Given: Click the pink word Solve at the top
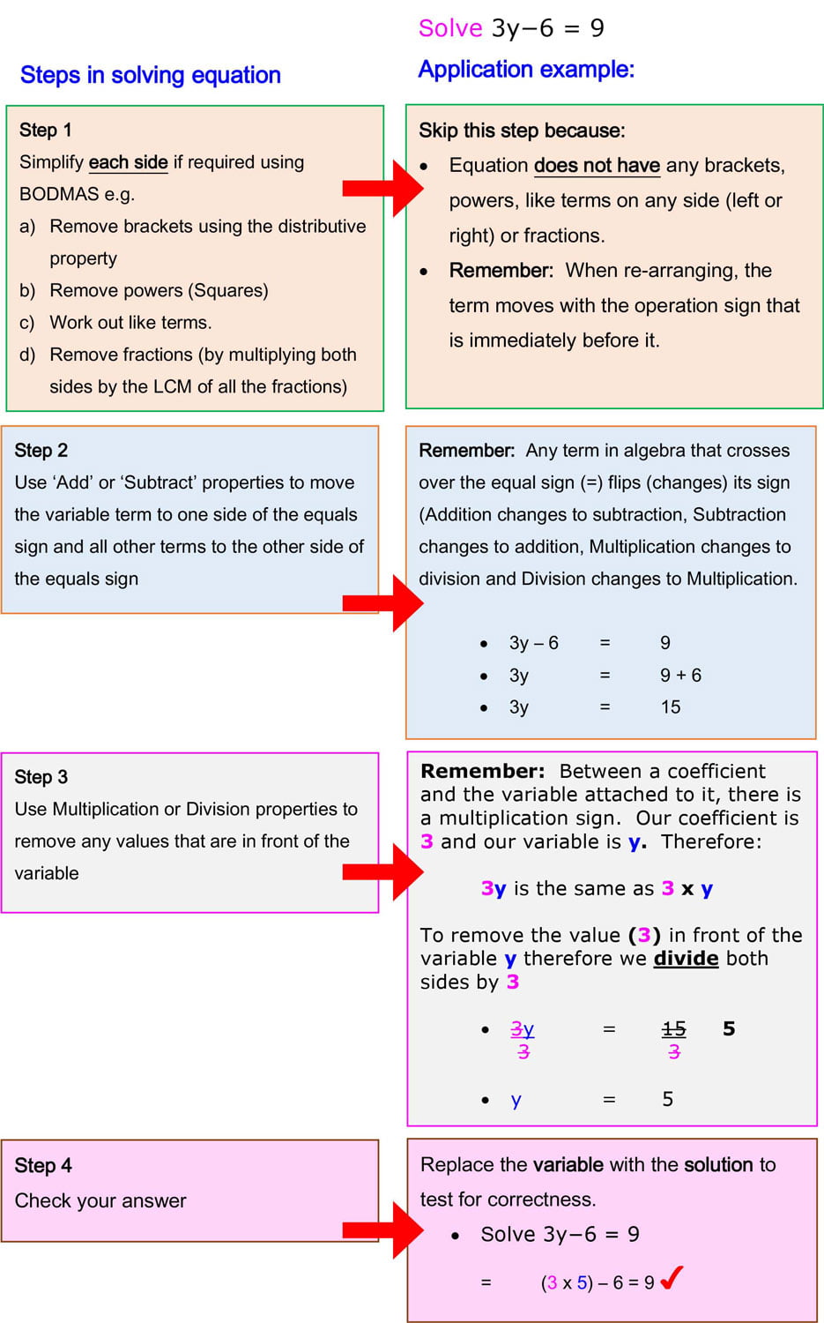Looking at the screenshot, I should click(x=449, y=28).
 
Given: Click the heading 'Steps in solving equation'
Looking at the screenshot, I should click(x=150, y=75).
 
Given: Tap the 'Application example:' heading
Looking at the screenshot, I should click(x=526, y=70).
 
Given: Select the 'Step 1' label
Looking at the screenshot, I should click(x=45, y=131).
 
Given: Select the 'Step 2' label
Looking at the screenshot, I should click(x=41, y=451).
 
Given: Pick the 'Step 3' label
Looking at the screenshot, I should click(x=41, y=777).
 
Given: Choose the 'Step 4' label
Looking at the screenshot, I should click(x=42, y=1166).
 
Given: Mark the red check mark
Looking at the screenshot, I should click(x=672, y=1278).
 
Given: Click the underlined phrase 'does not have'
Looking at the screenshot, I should click(x=597, y=166).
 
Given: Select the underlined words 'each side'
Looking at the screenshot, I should click(x=128, y=162).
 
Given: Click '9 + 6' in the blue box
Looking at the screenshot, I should click(x=680, y=676).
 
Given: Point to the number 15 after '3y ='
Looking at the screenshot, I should click(x=670, y=707).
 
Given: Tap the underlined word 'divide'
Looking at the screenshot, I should click(x=686, y=959).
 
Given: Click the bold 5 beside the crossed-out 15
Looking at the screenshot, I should click(x=729, y=1028).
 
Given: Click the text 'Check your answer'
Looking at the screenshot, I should click(x=100, y=1201).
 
